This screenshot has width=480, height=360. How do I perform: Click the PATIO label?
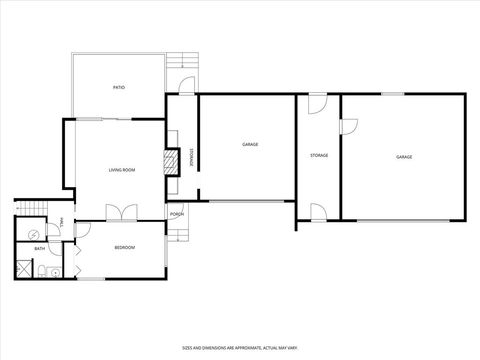(118, 88)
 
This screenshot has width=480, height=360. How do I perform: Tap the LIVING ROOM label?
(121, 170)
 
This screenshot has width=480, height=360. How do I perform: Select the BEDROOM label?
(124, 247)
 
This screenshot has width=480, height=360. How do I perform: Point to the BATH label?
(39, 248)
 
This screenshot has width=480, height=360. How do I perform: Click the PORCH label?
(176, 214)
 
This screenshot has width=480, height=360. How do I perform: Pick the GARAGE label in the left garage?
(249, 145)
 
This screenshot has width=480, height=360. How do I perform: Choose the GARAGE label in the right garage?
(403, 157)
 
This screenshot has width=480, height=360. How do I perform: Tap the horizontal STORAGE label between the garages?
(319, 155)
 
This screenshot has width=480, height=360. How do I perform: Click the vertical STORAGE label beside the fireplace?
(192, 157)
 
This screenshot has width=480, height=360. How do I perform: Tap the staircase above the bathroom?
(28, 208)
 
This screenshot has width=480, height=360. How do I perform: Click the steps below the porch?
(177, 234)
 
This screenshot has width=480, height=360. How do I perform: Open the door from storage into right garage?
(348, 125)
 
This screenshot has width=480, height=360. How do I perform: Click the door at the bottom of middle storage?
(318, 211)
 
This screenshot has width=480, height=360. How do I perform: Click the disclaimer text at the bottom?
(239, 347)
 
